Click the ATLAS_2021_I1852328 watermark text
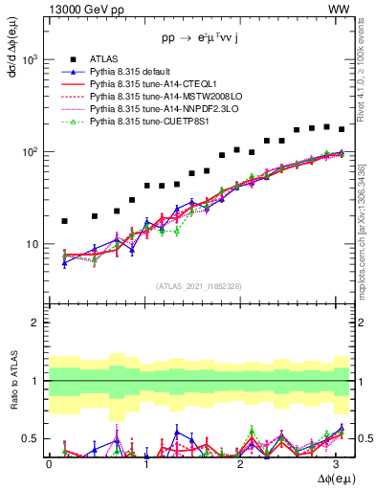pyautogui.click(x=199, y=286)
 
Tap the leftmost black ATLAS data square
pyautogui.click(x=64, y=221)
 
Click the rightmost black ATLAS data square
pyautogui.click(x=342, y=129)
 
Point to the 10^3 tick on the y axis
pyautogui.click(x=31, y=59)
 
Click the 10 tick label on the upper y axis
pyautogui.click(x=33, y=245)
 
